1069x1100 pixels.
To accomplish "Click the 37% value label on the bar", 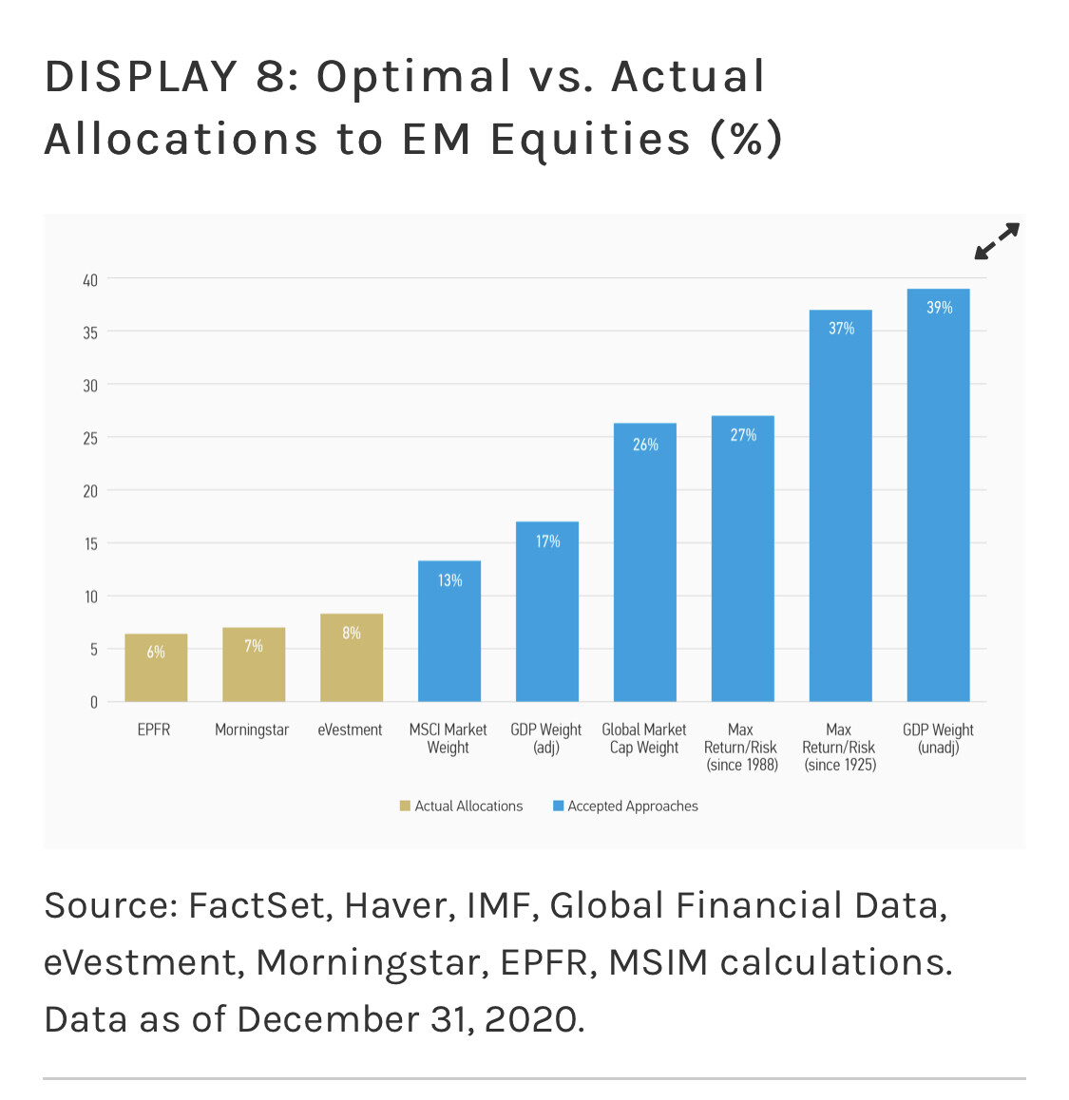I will pos(841,329).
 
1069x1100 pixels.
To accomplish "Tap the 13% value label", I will pos(449,580).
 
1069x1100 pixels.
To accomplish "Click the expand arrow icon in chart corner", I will pos(997,241).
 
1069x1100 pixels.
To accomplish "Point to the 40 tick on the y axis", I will pos(90,280).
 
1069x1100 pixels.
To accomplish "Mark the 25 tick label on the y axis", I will pos(90,439).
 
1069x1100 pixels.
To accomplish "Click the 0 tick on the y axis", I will pos(93,703).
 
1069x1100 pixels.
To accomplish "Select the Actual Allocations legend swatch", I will pos(405,806).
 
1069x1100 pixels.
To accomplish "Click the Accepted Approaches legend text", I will pos(633,806).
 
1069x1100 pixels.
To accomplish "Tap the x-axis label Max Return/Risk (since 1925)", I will pos(839,748).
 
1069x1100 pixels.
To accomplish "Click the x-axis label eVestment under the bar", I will pos(350,730).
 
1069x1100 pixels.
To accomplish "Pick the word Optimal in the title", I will pos(413,77).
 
